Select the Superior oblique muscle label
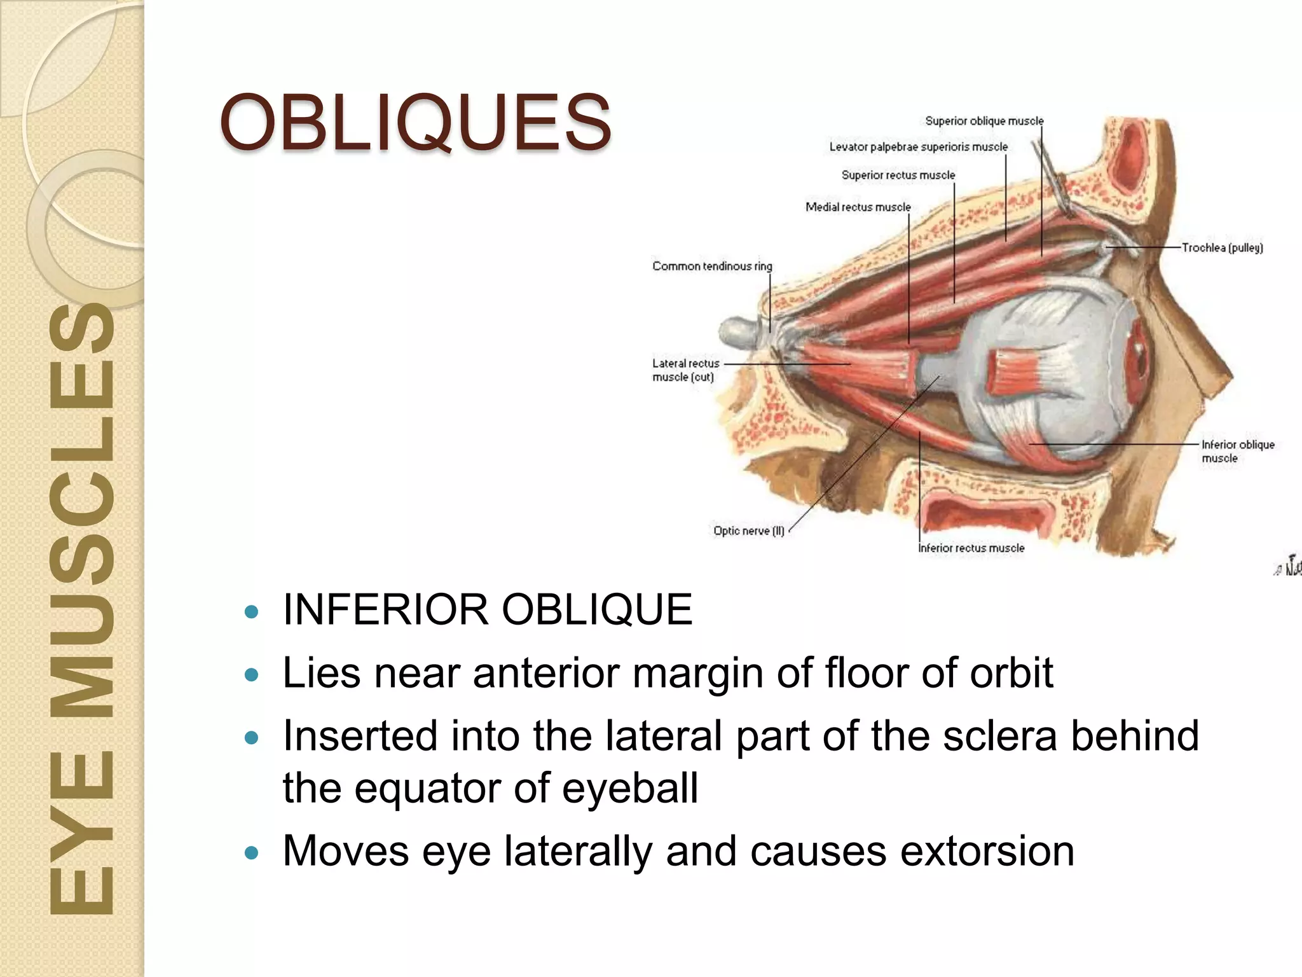pyautogui.click(x=983, y=121)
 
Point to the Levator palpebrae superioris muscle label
pyautogui.click(x=918, y=147)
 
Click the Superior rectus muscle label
pyautogui.click(x=898, y=175)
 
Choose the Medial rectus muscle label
pyautogui.click(x=858, y=207)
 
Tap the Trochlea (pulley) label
pyautogui.click(x=1222, y=247)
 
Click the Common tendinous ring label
pyautogui.click(x=712, y=266)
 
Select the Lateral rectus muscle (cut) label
pyautogui.click(x=685, y=370)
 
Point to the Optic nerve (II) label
pyautogui.click(x=748, y=530)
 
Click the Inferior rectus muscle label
pyautogui.click(x=971, y=548)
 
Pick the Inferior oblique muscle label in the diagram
pyautogui.click(x=1237, y=451)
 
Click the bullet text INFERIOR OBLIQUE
pyautogui.click(x=487, y=609)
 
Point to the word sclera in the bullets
pyautogui.click(x=999, y=735)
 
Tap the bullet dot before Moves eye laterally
pyautogui.click(x=252, y=852)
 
